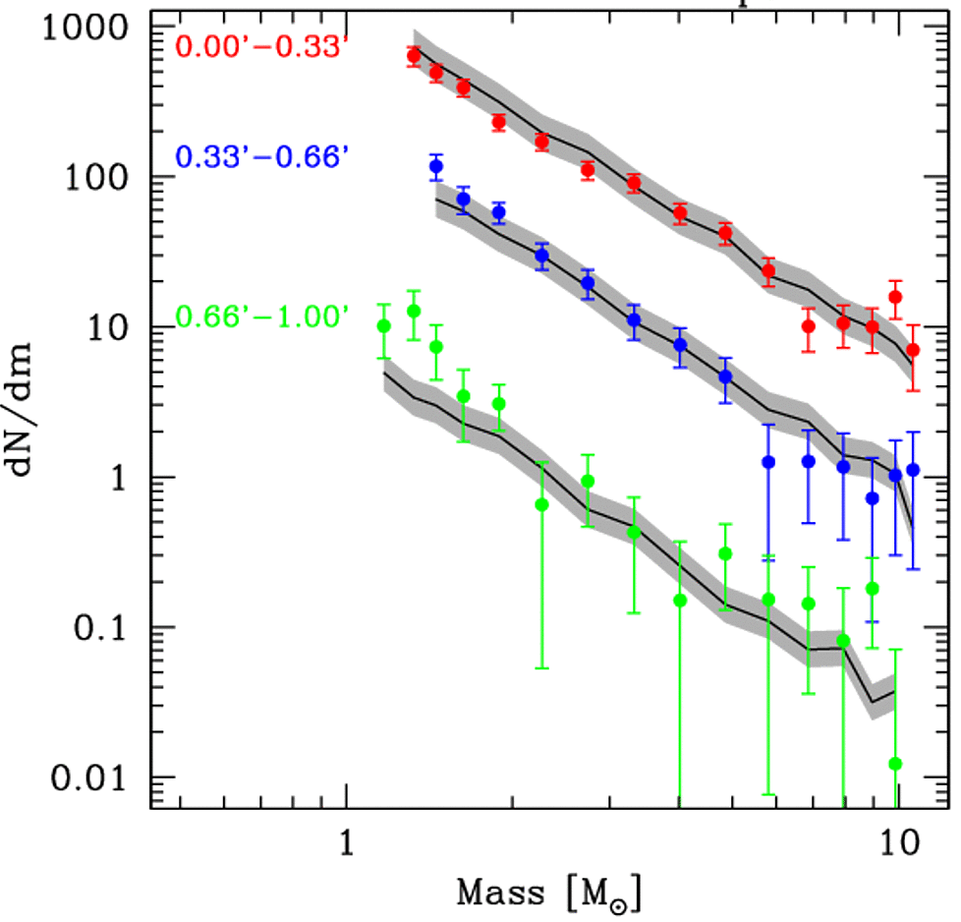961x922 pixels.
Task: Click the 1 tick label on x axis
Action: pyautogui.click(x=345, y=844)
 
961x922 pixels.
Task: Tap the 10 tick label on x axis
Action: pyautogui.click(x=895, y=844)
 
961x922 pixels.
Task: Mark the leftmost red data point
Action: pyautogui.click(x=414, y=56)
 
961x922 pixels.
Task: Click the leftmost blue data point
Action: pyautogui.click(x=436, y=166)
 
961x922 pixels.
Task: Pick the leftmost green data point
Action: pyautogui.click(x=384, y=326)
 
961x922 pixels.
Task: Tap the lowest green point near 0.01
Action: pyautogui.click(x=895, y=764)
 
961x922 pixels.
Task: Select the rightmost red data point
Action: pyautogui.click(x=913, y=350)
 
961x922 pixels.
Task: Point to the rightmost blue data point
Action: pyautogui.click(x=913, y=470)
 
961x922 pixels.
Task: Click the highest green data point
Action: pyautogui.click(x=414, y=311)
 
